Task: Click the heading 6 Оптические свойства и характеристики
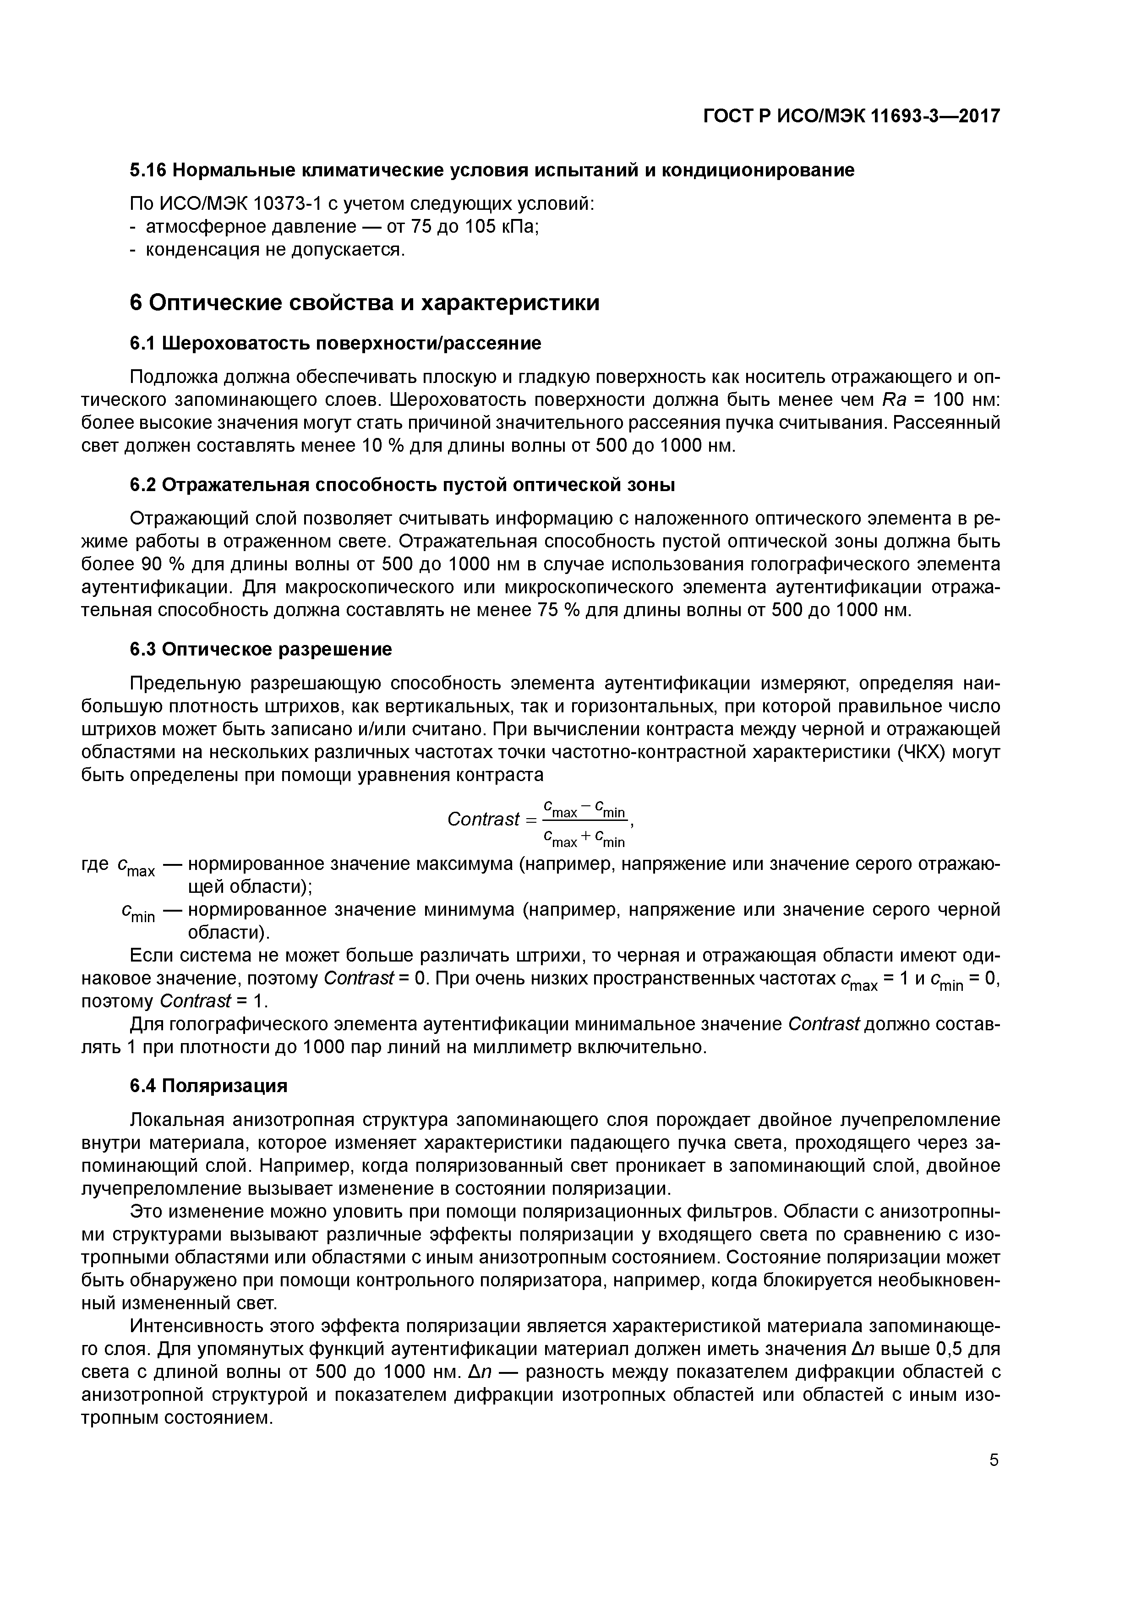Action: coord(365,303)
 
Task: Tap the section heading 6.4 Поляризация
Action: coord(208,1086)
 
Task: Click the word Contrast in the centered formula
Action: coord(483,819)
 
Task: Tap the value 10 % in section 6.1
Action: coord(382,446)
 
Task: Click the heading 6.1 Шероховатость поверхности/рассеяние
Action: coord(335,343)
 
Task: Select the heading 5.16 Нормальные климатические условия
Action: coord(492,170)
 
